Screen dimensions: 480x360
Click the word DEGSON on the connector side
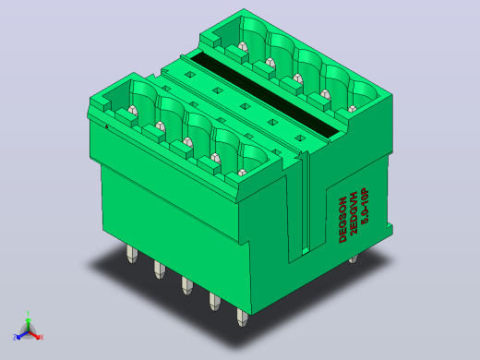click(x=342, y=220)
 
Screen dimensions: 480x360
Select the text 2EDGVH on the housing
click(x=354, y=212)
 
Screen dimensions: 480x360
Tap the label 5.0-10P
click(x=365, y=206)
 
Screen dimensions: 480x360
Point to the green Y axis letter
click(x=28, y=314)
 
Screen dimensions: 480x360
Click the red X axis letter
click(x=42, y=337)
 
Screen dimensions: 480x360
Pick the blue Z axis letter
click(x=15, y=337)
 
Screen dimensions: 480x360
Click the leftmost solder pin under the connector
click(x=131, y=254)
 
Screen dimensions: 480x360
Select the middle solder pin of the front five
click(x=186, y=285)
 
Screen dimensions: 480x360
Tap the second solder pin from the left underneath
click(x=159, y=270)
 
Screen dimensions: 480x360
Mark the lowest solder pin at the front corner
click(x=242, y=318)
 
